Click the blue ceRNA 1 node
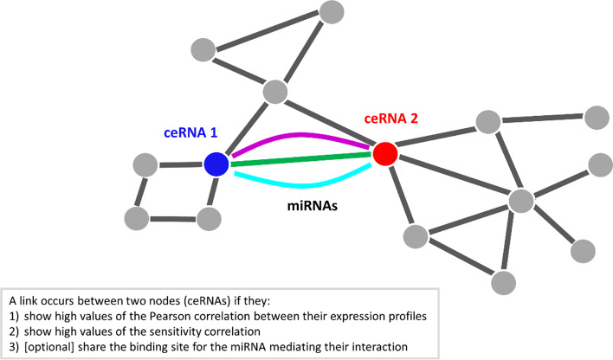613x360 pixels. pos(216,164)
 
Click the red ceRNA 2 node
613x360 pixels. pos(385,154)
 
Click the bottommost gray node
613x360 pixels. pos(506,281)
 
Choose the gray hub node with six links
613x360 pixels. pos(520,200)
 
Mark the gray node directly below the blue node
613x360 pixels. pos(210,219)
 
